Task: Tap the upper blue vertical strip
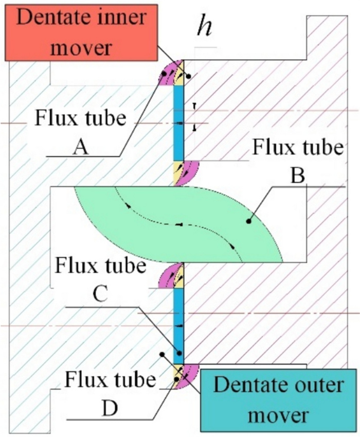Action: click(178, 123)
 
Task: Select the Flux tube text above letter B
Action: click(297, 148)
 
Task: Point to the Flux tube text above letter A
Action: click(80, 118)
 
